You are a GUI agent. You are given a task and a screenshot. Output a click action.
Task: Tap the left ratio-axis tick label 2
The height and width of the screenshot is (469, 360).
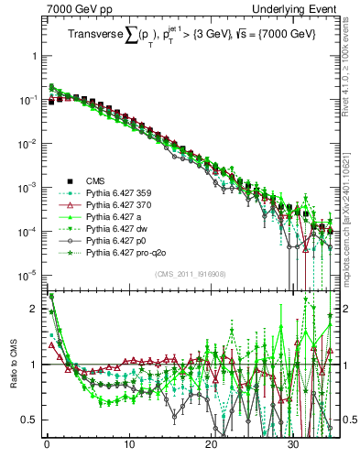(x=35, y=310)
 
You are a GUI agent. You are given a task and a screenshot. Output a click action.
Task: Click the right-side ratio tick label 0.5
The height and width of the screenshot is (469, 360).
(x=349, y=420)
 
